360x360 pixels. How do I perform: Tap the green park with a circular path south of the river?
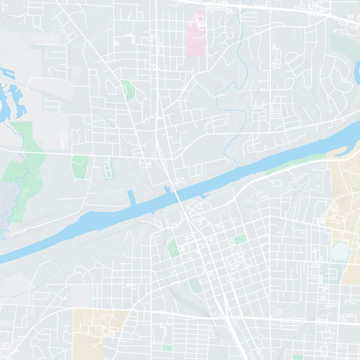(x=173, y=248)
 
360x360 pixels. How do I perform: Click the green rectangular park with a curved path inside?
(x=79, y=166)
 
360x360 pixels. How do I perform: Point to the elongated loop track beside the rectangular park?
(x=108, y=171)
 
